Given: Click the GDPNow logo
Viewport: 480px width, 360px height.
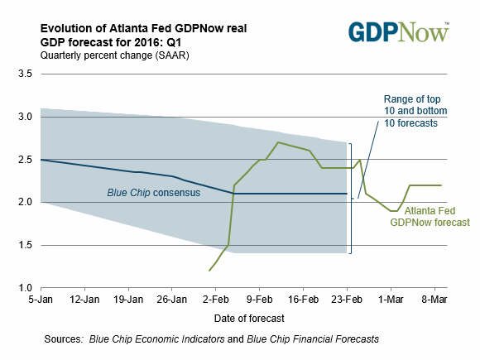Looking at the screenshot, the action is (399, 31).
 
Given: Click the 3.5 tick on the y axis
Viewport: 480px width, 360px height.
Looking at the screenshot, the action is (25, 74).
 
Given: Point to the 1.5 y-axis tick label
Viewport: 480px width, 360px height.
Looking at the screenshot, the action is (25, 245).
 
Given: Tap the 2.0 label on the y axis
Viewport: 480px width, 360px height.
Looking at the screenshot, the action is (25, 202).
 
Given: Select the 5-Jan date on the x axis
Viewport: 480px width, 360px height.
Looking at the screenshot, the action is (41, 299).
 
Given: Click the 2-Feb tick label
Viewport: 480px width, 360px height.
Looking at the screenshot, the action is (215, 299).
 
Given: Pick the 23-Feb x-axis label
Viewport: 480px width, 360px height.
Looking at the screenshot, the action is (347, 299).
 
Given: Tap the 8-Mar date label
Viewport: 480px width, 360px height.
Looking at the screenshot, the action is (434, 299).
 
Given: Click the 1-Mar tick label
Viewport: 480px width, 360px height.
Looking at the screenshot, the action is (391, 299).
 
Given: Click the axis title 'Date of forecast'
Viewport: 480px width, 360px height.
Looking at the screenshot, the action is (249, 319).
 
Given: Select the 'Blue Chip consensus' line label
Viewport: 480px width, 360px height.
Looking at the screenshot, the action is (154, 193).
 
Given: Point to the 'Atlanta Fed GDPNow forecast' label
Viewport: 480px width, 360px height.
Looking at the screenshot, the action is (430, 217).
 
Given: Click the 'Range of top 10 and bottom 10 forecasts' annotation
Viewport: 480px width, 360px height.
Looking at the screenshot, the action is (415, 111).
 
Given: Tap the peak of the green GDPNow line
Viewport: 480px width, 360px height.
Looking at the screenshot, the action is (277, 142).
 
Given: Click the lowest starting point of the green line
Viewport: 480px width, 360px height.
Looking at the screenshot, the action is (209, 271).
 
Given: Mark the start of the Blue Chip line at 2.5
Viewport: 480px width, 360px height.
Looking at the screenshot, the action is (41, 160).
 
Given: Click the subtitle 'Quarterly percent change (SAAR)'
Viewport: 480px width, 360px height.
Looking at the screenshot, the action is (115, 55).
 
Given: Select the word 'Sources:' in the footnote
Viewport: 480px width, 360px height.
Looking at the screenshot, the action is (64, 339).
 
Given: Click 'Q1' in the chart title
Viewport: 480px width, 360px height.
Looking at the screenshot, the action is (174, 42).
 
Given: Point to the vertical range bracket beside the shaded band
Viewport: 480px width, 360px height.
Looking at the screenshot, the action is (351, 199).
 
